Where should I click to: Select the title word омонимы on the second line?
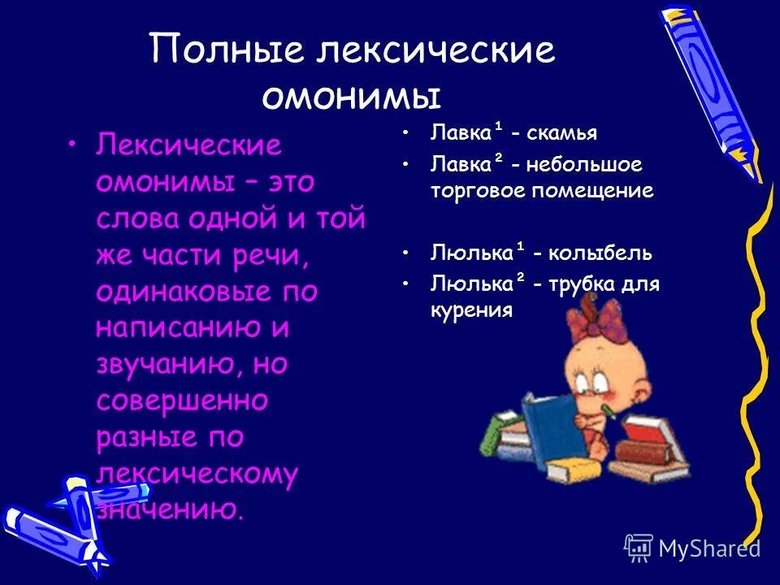point(351,95)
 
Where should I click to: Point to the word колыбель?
point(600,252)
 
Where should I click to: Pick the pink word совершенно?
point(182,401)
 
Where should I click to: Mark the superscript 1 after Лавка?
point(498,127)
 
